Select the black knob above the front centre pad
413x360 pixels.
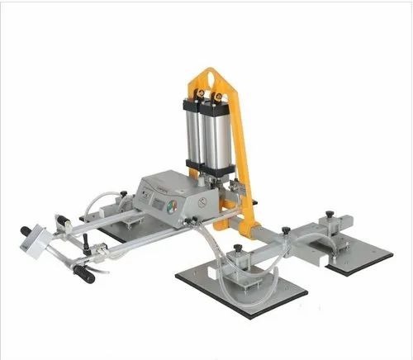[238, 247]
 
